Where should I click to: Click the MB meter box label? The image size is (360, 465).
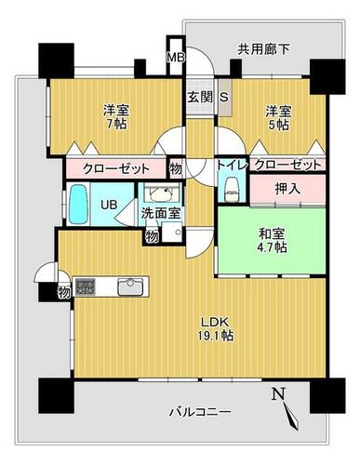(176, 57)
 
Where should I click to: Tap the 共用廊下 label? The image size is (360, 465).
(263, 49)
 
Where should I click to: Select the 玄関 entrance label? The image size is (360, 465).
(200, 98)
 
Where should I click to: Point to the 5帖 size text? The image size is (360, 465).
(278, 125)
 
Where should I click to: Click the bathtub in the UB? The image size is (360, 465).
(78, 205)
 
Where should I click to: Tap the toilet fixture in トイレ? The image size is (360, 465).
(231, 189)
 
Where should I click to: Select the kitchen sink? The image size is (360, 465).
(130, 286)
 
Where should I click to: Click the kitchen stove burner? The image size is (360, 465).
(86, 286)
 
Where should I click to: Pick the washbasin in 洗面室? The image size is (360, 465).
(160, 194)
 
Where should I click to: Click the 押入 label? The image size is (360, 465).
(288, 189)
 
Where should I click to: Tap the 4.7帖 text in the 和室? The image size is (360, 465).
(272, 247)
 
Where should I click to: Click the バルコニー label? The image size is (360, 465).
(200, 412)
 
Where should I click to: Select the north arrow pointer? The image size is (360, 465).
(291, 416)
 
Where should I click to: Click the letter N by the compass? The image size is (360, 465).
(278, 394)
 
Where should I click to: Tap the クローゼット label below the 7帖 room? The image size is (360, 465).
(116, 169)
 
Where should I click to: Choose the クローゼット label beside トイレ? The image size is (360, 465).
(288, 165)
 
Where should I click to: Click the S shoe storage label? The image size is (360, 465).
(224, 98)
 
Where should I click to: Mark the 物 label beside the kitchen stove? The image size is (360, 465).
(64, 292)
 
